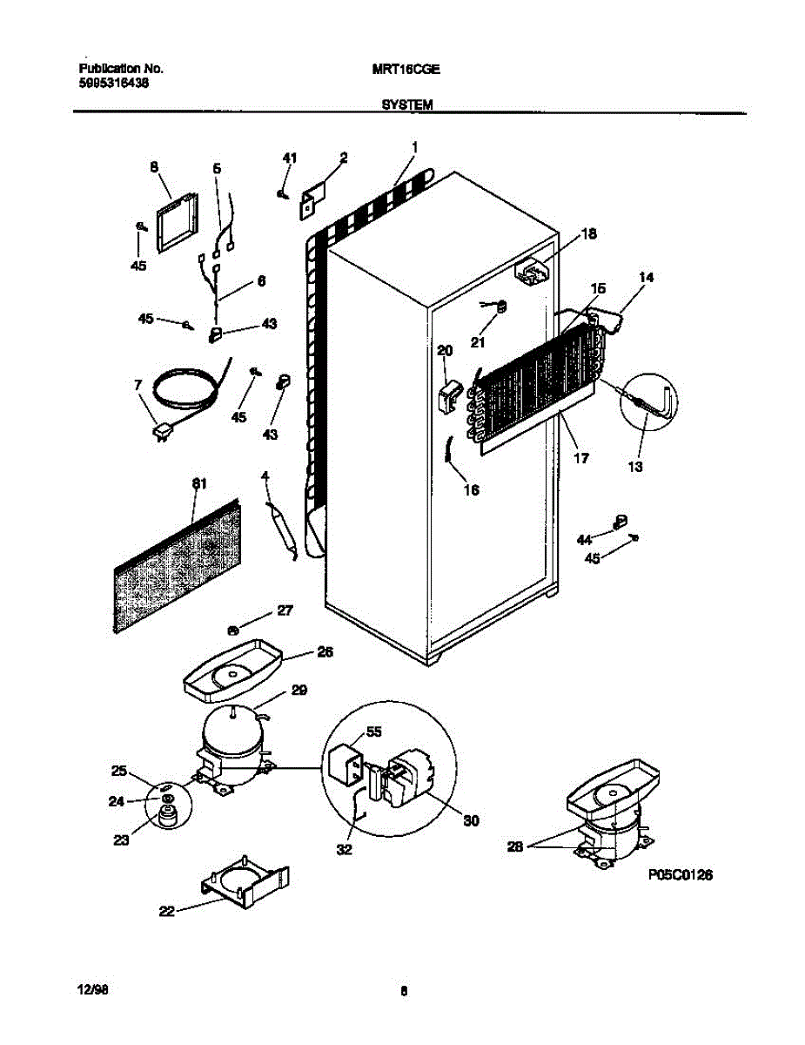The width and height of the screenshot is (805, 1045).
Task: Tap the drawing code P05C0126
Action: click(680, 877)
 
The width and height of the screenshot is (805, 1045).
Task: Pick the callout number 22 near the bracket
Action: click(167, 912)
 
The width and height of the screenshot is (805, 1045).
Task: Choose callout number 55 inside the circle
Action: click(374, 733)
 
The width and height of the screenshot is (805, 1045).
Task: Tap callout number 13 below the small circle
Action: click(635, 468)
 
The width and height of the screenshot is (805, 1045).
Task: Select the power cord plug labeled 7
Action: click(162, 429)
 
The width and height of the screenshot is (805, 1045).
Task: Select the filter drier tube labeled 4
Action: click(284, 529)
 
